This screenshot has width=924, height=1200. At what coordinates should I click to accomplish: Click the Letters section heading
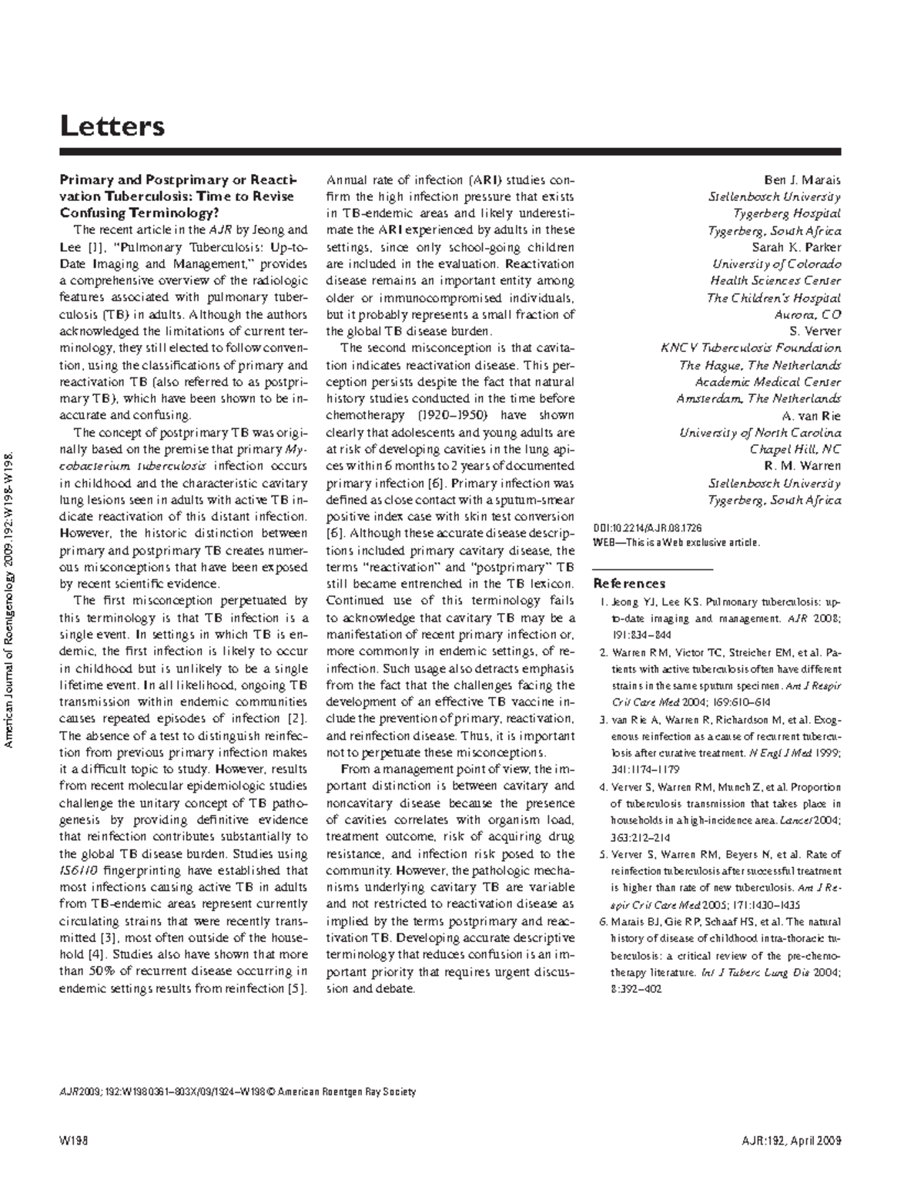[112, 125]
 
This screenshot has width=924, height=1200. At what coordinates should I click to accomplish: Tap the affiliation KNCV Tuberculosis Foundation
[751, 348]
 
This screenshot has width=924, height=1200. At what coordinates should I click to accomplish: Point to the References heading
[629, 583]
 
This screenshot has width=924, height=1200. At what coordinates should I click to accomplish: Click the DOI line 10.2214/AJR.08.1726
[648, 528]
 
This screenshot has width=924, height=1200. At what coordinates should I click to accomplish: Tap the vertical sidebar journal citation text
[10, 601]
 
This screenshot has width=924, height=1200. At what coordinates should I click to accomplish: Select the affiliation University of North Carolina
[760, 433]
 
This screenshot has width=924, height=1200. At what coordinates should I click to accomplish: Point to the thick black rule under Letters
[450, 152]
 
